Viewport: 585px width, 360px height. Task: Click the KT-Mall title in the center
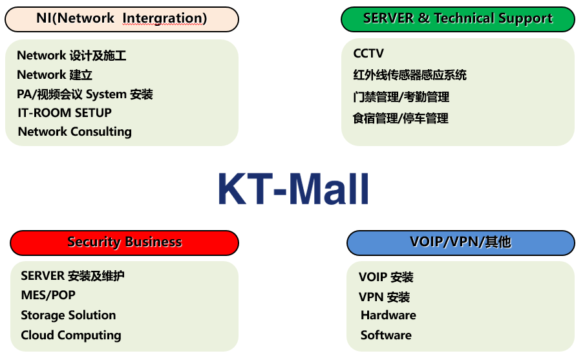pos(293,189)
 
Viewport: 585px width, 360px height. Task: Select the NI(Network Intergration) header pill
pos(122,19)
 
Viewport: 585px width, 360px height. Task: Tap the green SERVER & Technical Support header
pos(458,19)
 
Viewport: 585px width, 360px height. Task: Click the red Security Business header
pos(124,243)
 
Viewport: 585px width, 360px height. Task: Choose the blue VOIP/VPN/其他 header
pos(461,243)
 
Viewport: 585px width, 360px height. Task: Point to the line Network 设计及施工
pos(72,56)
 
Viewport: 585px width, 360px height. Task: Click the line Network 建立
pos(54,75)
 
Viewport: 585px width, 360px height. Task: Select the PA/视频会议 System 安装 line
pos(85,94)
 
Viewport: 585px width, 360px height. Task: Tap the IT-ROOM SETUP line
pos(65,112)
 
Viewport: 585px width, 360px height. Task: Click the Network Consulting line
pos(74,132)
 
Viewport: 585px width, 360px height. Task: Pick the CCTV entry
pos(368,54)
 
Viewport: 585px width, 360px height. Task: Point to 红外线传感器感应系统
pos(410,75)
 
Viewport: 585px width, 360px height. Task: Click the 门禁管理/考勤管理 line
pos(401,97)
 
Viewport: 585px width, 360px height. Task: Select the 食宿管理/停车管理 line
pos(401,119)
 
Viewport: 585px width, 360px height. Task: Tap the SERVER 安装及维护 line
pos(73,276)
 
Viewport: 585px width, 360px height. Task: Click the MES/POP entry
pos(48,295)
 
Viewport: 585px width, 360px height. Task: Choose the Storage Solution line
pos(69,315)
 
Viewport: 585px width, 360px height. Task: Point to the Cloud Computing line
pos(71,335)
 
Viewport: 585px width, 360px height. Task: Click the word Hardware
pos(388,315)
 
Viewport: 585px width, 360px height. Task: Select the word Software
pos(386,335)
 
